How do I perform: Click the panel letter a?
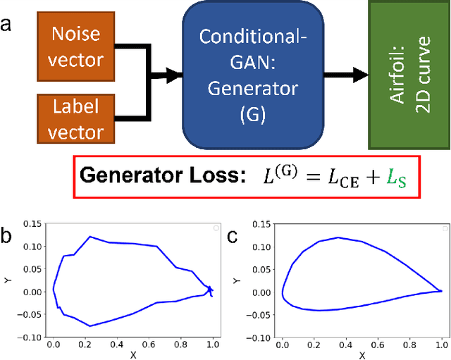(x=7, y=25)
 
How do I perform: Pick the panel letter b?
(x=7, y=237)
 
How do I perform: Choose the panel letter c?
(x=233, y=237)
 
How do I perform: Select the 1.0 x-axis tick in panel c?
(x=441, y=346)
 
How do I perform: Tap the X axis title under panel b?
(x=132, y=356)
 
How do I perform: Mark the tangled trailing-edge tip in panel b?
(x=209, y=290)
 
